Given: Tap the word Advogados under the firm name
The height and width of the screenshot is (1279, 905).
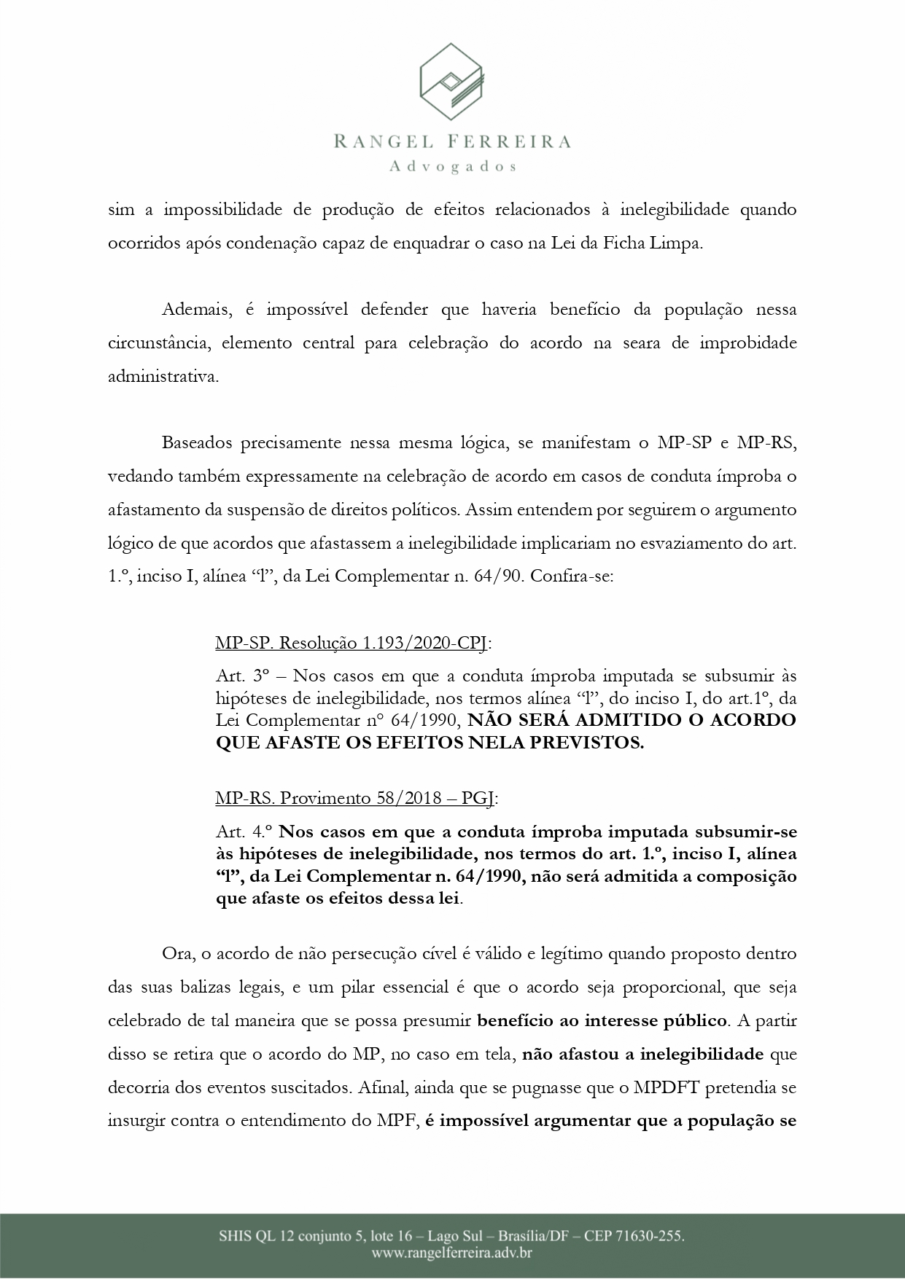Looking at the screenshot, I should tap(453, 166).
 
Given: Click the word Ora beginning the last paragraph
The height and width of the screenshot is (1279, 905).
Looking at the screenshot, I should tap(174, 953).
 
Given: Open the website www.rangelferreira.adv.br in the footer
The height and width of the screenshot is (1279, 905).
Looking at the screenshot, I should tap(452, 1253).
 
